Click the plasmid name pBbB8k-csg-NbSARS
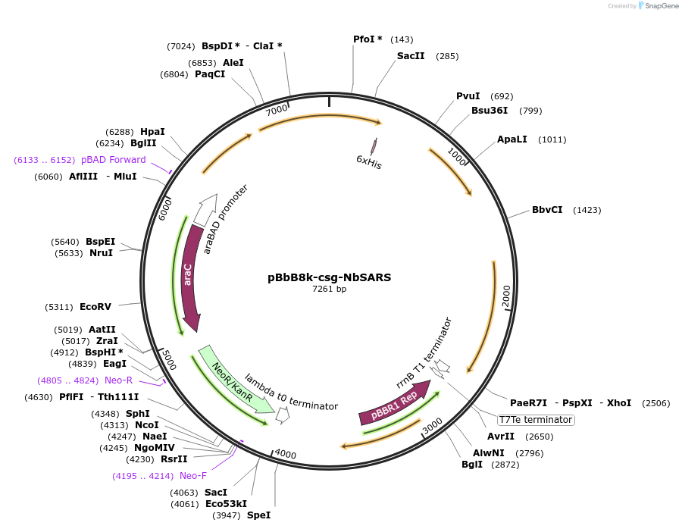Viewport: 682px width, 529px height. point(330,277)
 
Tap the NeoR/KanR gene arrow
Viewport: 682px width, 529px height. point(232,378)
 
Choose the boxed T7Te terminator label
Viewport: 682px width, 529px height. point(536,420)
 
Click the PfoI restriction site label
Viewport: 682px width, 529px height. point(368,39)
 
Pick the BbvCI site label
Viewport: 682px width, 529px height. point(547,210)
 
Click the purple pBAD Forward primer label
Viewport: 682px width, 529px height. point(117,160)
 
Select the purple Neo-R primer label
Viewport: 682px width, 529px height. point(118,380)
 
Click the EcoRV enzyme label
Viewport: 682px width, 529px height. point(95,307)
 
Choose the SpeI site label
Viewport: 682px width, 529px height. point(258,515)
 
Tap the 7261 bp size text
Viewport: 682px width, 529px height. point(330,289)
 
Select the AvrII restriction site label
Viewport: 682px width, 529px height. point(500,437)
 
